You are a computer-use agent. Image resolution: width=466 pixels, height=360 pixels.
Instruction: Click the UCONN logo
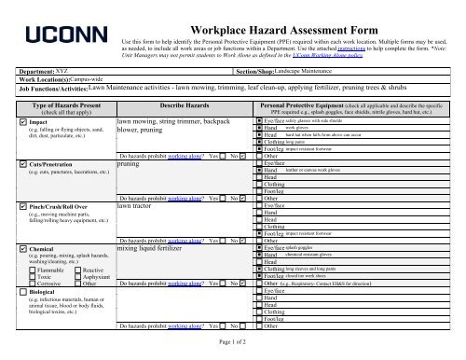tap(58, 39)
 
